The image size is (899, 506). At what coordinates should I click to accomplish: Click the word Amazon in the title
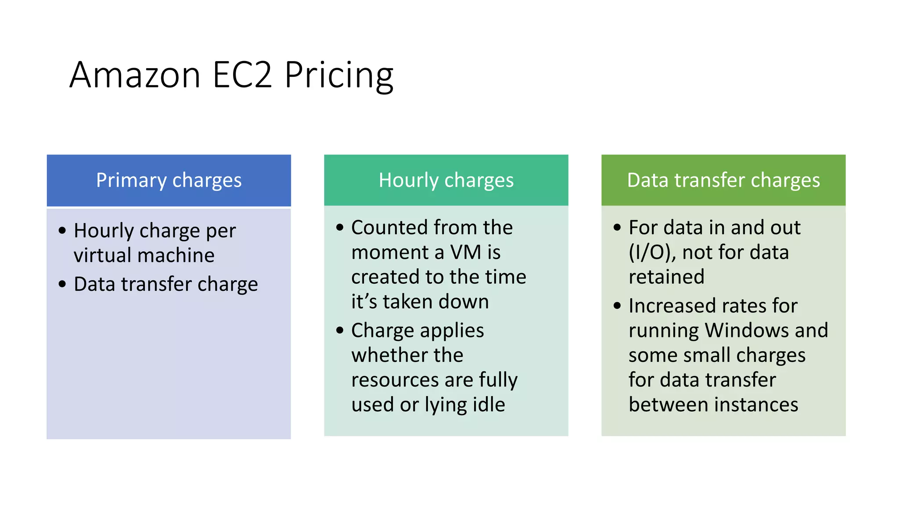(135, 75)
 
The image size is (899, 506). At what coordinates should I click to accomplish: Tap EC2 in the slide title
(242, 75)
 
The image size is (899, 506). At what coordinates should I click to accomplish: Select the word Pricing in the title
(338, 76)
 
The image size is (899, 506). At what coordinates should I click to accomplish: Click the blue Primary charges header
(169, 181)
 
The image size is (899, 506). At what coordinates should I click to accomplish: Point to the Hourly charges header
(446, 181)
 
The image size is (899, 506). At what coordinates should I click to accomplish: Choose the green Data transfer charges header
(723, 181)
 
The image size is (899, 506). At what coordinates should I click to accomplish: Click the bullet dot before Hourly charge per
(62, 231)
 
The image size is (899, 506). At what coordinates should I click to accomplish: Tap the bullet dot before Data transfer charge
(62, 284)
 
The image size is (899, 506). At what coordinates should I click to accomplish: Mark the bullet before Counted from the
(340, 228)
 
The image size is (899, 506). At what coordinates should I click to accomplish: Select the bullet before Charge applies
(340, 330)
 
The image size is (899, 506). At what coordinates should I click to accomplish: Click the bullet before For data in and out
(617, 228)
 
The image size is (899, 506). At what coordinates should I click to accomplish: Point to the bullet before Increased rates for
(617, 306)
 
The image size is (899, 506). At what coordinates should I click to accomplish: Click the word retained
(666, 277)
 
